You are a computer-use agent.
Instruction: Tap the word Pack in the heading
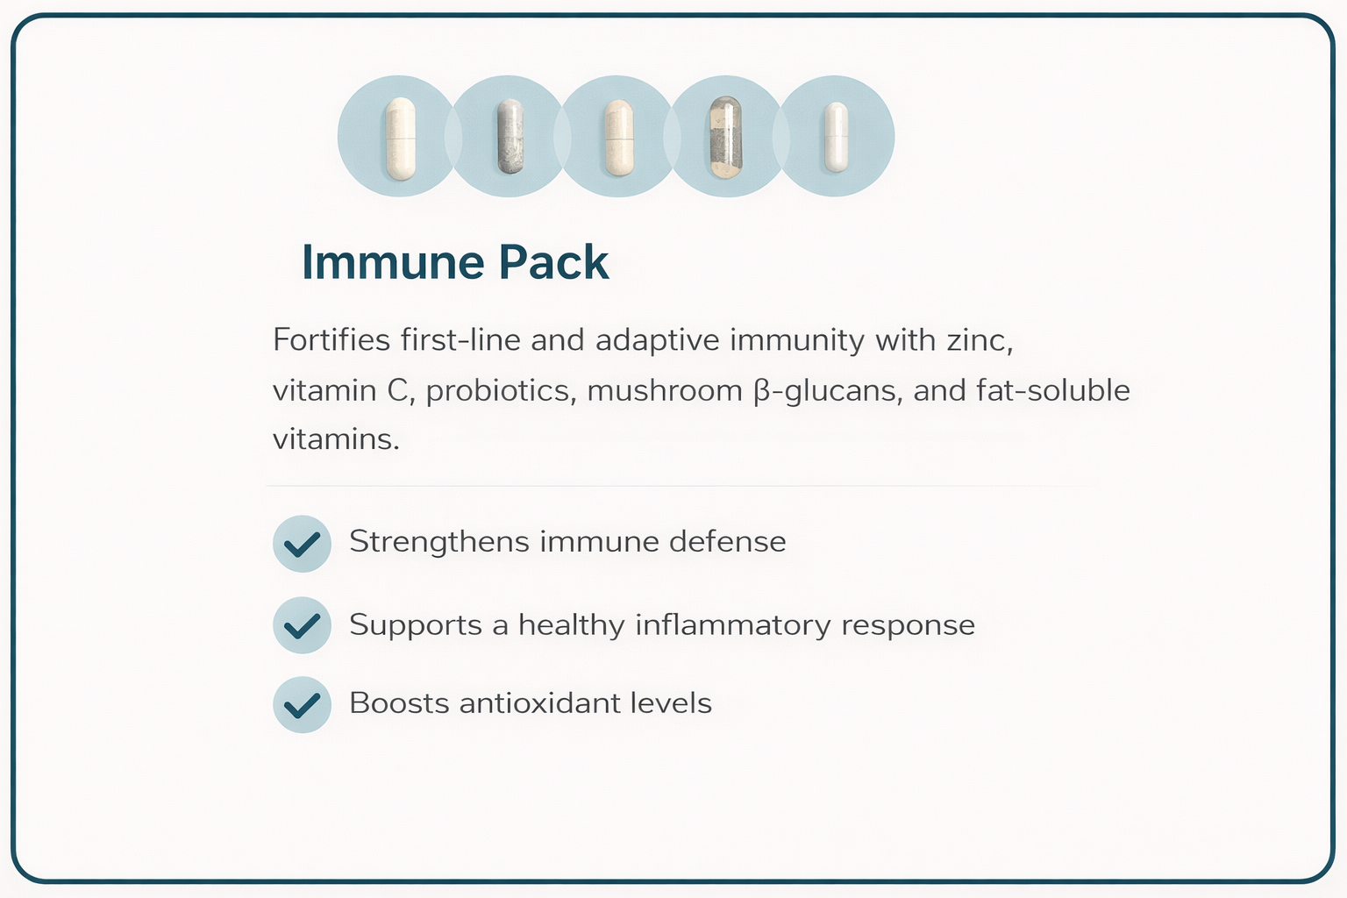[x=553, y=262]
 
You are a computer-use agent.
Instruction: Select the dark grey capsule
[x=510, y=136]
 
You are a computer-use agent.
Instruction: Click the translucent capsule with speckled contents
[x=726, y=136]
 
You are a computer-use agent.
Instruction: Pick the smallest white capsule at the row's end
[x=836, y=137]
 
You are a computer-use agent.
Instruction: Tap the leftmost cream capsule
[x=400, y=138]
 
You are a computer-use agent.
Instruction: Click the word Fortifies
[x=331, y=339]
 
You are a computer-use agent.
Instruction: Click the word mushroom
[x=665, y=390]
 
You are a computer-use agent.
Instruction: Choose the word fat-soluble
[x=1052, y=389]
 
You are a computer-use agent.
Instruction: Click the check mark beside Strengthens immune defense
[x=302, y=544]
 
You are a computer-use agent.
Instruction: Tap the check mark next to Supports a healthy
[x=302, y=625]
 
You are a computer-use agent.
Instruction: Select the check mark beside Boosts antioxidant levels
[x=302, y=704]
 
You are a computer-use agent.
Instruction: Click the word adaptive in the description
[x=658, y=340]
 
